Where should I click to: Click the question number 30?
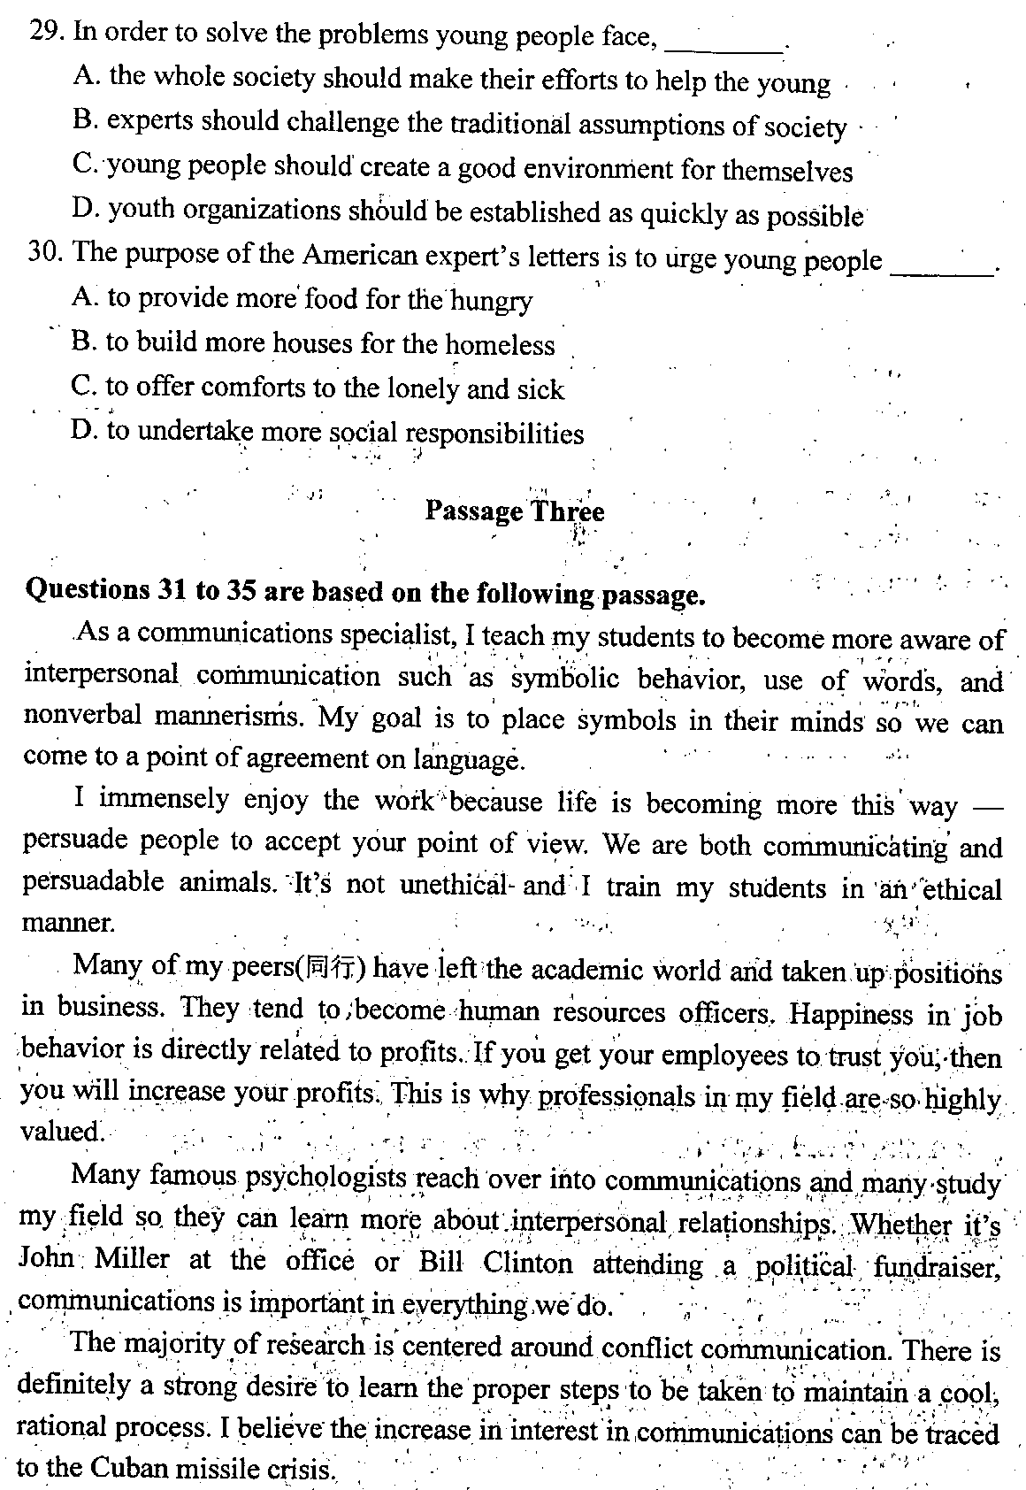pos(44,253)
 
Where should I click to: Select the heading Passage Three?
pos(515,511)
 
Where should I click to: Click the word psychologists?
pos(325,1179)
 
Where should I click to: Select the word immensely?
pos(165,800)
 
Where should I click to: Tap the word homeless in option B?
pos(500,344)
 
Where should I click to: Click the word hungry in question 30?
pos(492,301)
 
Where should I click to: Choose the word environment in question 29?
pos(609,168)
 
